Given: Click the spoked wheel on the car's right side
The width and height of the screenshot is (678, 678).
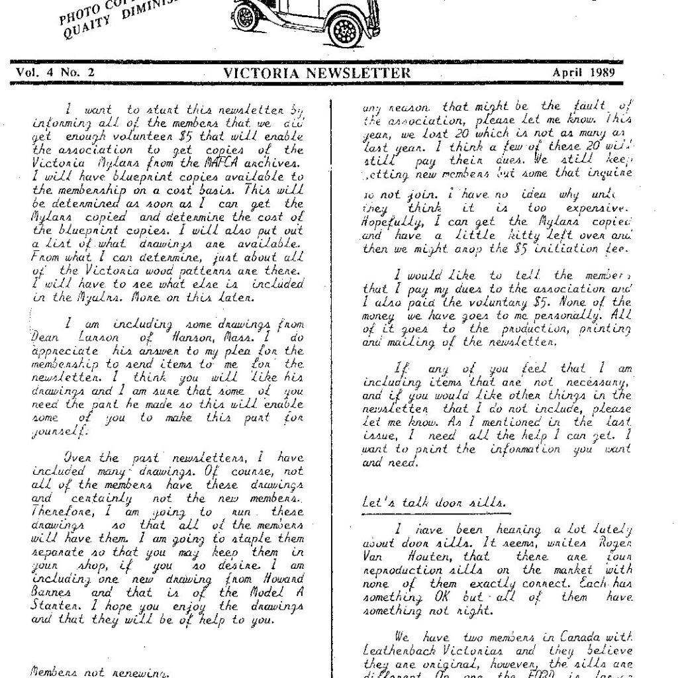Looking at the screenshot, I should point(345,28).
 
